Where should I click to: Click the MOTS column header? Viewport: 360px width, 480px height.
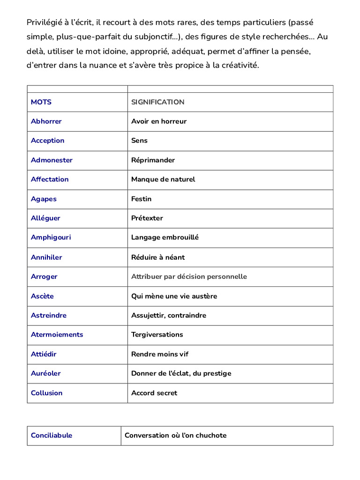click(41, 102)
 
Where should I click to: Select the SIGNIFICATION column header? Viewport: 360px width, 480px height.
click(157, 102)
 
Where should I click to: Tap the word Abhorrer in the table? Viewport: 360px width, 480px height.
click(46, 121)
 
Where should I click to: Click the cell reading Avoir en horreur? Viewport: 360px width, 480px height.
click(158, 121)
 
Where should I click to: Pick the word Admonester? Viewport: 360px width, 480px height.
click(52, 160)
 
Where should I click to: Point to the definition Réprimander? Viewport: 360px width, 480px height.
click(153, 160)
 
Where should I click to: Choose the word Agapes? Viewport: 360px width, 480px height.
click(44, 199)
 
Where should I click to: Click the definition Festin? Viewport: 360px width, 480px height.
click(141, 199)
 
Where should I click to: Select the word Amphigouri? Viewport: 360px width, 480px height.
click(51, 238)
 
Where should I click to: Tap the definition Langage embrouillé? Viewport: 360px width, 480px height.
click(165, 238)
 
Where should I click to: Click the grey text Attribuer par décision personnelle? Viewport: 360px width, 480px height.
click(189, 277)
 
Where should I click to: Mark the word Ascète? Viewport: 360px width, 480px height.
click(42, 296)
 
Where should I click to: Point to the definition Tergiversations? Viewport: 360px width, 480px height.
click(157, 335)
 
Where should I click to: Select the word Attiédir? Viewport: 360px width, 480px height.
click(44, 354)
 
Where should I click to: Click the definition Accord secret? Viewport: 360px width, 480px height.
click(154, 393)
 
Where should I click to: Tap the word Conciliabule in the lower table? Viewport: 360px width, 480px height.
click(52, 435)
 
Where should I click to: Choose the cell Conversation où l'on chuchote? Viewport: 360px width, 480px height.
click(175, 435)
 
